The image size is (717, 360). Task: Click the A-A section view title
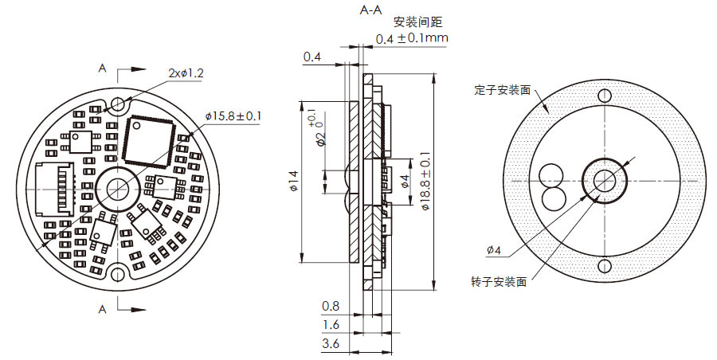coord(370,10)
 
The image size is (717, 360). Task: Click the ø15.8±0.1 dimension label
coord(233,116)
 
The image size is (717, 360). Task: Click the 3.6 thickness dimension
coord(331,344)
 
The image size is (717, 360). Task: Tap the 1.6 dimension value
coord(331,325)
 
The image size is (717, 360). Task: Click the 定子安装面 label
coord(502,90)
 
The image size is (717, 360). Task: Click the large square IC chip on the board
coord(148,140)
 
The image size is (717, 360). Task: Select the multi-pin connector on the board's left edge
coord(56,189)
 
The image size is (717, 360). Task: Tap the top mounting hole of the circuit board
coord(119,104)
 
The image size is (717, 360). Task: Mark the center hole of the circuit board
coord(119,189)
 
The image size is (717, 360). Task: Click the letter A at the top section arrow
coord(102,69)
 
